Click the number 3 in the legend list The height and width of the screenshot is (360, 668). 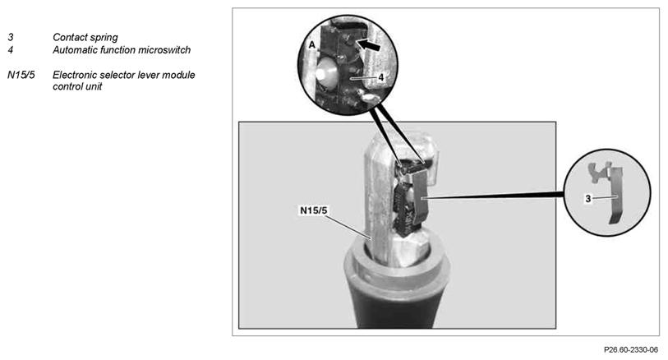(x=11, y=38)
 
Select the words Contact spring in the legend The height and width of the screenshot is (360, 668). (x=85, y=38)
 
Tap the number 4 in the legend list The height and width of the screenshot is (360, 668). (x=11, y=50)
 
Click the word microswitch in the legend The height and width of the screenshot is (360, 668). (x=164, y=50)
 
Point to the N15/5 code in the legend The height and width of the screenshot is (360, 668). (x=21, y=75)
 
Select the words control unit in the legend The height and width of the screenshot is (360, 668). (x=77, y=86)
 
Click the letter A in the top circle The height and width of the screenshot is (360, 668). (x=312, y=44)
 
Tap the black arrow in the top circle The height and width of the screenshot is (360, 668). (x=369, y=44)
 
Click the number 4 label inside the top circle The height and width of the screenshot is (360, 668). (x=381, y=77)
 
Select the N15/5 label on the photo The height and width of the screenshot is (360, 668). (x=314, y=210)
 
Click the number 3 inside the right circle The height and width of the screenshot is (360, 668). (x=588, y=199)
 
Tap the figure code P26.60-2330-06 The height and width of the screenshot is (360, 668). (x=631, y=350)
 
